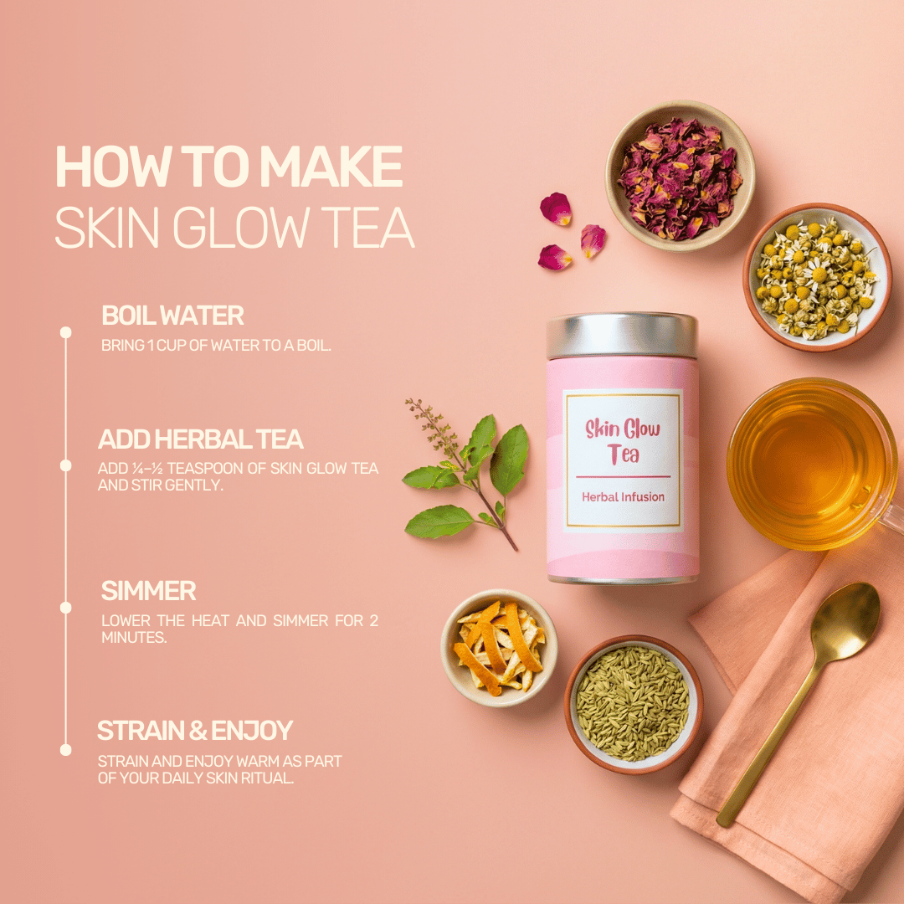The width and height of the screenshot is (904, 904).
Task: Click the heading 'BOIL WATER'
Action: [172, 316]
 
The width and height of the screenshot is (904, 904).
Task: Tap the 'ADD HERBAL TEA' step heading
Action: [200, 439]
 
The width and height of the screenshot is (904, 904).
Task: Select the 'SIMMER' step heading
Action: [148, 591]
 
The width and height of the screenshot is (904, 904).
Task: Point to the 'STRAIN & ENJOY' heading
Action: [195, 731]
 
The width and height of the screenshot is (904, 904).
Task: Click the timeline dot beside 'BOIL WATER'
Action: [66, 332]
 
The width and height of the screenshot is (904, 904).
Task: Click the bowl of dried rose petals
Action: [680, 177]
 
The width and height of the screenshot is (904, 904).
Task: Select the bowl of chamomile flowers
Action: [816, 276]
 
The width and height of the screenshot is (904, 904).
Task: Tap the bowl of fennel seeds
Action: [633, 702]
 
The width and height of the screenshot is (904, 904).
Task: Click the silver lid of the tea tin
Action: [622, 335]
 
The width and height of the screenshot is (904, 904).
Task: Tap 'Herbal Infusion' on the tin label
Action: [623, 496]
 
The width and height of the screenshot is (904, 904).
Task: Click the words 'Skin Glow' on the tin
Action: [623, 430]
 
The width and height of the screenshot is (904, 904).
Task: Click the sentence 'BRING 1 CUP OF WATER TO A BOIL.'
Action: [216, 345]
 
